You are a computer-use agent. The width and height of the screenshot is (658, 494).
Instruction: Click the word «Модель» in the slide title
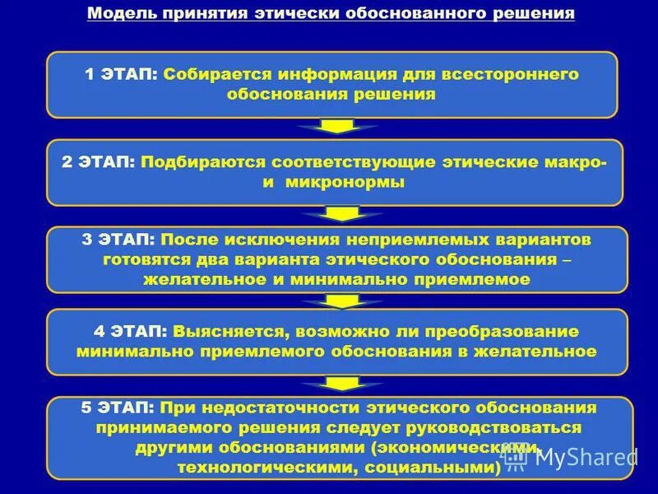115,15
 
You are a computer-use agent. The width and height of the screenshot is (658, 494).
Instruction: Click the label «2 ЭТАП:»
98,163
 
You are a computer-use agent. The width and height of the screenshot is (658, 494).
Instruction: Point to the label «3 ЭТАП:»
118,240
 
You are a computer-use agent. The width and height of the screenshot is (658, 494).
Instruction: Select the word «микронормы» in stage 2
345,183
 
